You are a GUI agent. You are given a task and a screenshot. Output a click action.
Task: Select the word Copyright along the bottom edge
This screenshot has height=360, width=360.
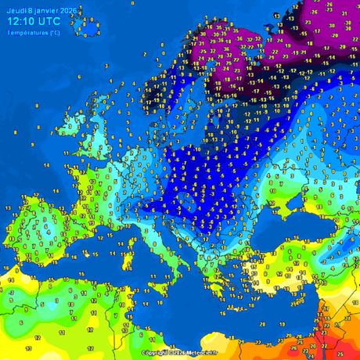click(155, 353)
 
